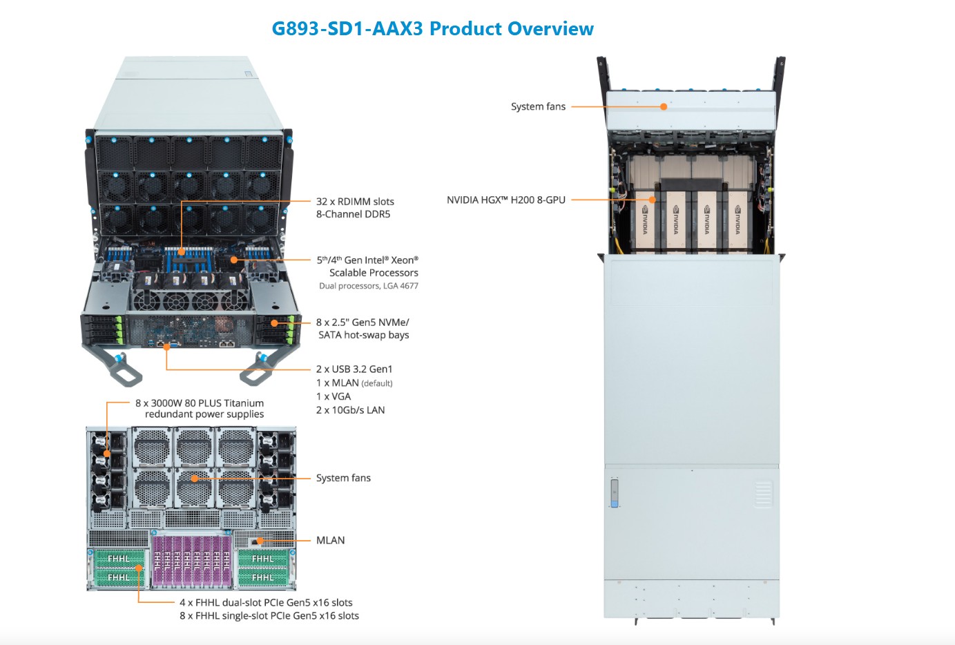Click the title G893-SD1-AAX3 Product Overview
(432, 28)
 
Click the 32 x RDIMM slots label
(355, 202)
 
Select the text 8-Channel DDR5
(353, 214)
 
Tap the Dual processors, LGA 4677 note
(368, 286)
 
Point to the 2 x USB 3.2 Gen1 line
(354, 369)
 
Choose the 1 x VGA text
(334, 396)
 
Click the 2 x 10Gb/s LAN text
(351, 410)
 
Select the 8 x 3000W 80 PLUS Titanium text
(200, 403)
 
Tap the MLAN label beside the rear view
(330, 540)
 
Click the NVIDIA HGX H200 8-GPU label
(506, 200)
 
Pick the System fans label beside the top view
(538, 106)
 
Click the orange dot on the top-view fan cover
(664, 106)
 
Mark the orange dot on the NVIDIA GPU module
(653, 200)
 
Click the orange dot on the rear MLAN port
(260, 541)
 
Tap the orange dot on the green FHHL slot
(139, 568)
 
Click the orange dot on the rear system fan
(195, 479)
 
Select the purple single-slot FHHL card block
(192, 561)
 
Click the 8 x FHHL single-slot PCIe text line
(269, 615)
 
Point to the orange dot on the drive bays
(275, 323)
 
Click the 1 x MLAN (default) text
(354, 383)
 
